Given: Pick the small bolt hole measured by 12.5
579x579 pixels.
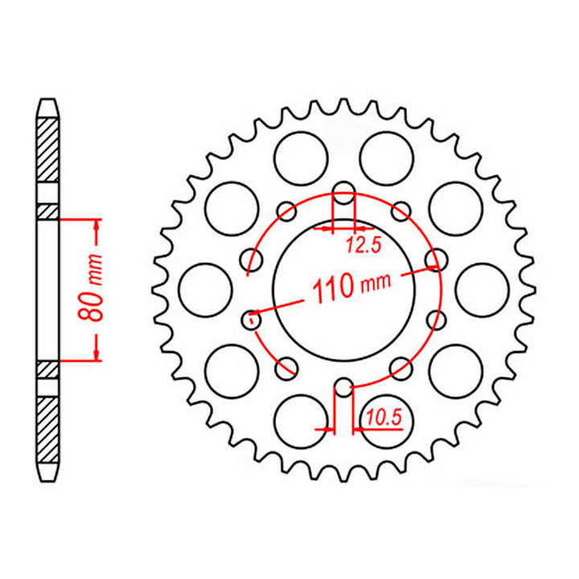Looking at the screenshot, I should [x=344, y=193].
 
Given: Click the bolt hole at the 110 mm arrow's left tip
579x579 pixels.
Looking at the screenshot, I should [x=252, y=320].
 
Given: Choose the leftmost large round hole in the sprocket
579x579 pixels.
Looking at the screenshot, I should [x=198, y=289].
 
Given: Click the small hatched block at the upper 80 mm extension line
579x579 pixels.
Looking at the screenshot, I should [x=48, y=211].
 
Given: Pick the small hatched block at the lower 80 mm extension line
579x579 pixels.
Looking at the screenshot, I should [x=48, y=369].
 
